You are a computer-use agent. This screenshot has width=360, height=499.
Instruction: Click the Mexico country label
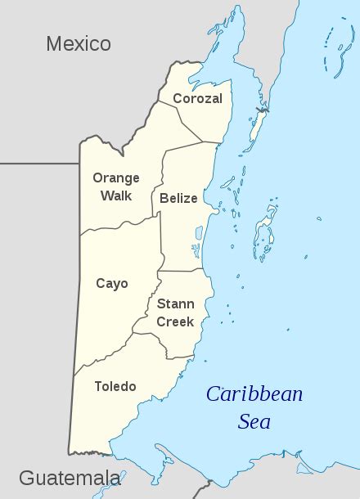point(78,43)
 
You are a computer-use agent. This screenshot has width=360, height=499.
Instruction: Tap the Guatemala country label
point(70,477)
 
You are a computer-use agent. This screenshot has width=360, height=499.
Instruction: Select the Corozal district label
point(196,98)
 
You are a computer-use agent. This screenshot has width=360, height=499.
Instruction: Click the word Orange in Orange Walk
point(115,178)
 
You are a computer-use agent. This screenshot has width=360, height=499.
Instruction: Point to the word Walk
point(115,196)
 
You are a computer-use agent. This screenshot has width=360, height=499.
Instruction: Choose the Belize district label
point(178,198)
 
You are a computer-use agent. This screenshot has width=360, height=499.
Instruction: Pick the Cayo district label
point(111,284)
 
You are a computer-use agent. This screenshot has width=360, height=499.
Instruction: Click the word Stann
point(175,303)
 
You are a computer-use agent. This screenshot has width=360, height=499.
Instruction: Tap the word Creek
point(175,321)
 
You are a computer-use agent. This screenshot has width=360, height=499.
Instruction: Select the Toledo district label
point(115,386)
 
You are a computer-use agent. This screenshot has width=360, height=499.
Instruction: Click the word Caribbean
point(254,395)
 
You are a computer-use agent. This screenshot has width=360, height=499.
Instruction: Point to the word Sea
point(254,422)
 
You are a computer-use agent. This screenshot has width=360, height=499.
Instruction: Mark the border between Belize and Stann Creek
point(180,271)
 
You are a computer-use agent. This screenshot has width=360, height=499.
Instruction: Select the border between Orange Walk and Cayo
point(119,227)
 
